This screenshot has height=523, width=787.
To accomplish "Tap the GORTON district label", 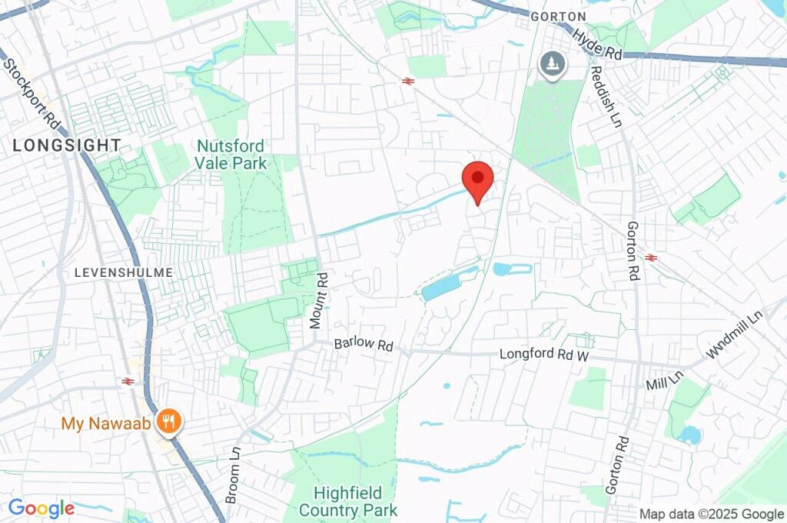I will [x=558, y=16].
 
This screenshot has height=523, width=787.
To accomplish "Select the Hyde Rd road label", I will [x=597, y=44].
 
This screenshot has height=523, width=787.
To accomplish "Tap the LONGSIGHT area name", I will [x=67, y=145].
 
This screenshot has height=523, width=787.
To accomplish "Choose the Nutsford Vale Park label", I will [x=231, y=155].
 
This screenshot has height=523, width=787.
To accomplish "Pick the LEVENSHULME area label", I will [x=124, y=273].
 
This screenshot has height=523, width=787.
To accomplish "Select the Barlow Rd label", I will [x=364, y=344].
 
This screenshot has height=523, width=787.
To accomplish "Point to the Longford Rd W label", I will [x=543, y=355].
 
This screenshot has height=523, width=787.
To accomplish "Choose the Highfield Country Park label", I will [x=348, y=501].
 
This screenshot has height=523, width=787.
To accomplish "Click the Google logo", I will [x=41, y=508].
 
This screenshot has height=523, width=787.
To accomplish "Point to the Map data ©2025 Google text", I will [x=712, y=515].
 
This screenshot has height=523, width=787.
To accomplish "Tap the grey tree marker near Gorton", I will [x=551, y=65].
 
